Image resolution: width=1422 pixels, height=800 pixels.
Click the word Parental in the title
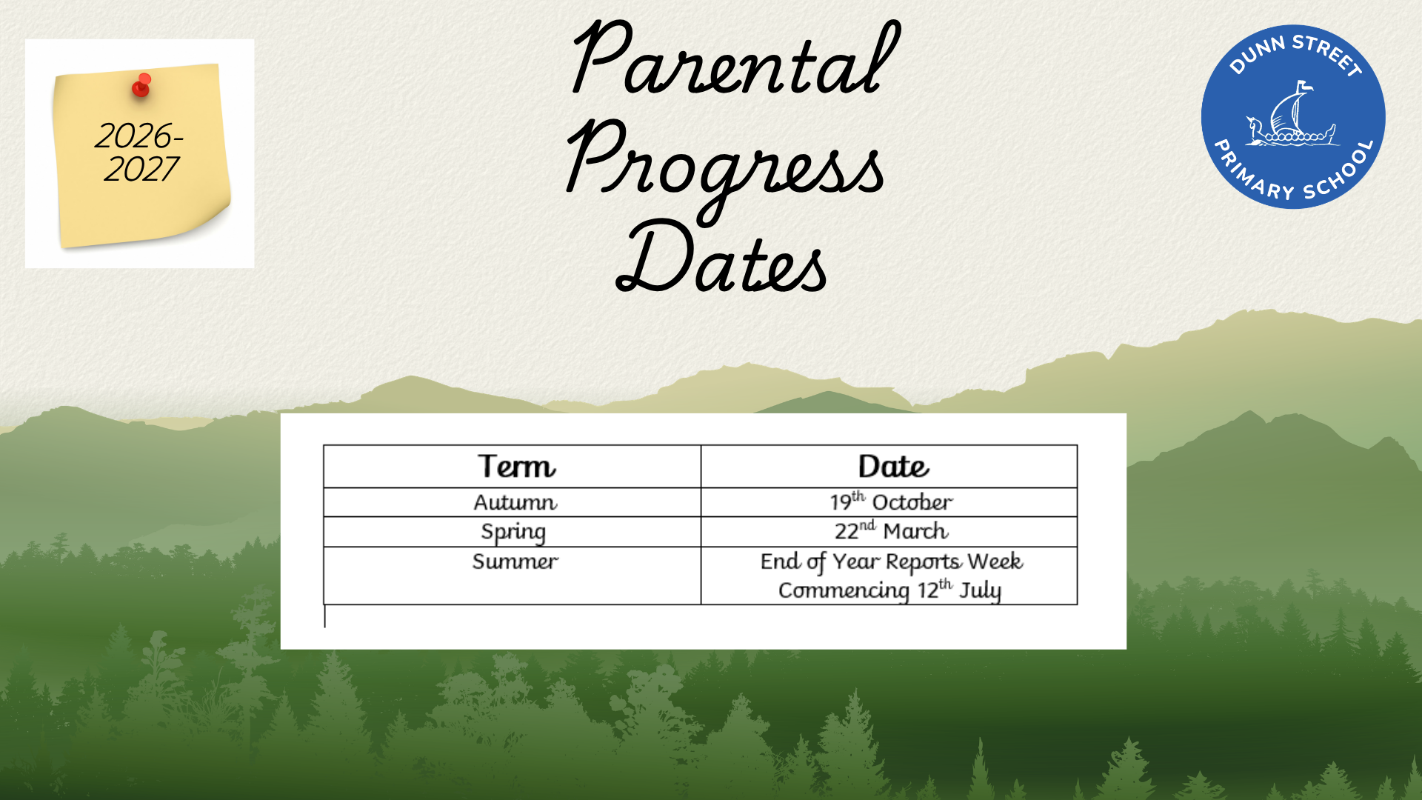pos(735,59)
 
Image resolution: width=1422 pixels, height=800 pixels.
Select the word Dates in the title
pos(721,256)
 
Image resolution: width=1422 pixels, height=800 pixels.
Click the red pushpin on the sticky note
pos(141,85)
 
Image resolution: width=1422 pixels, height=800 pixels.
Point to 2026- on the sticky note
pos(139,136)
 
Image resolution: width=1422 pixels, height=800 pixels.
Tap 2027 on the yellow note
pos(141,170)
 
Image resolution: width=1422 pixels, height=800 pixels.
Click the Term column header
pos(516,467)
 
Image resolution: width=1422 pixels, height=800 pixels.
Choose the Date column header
pos(893,467)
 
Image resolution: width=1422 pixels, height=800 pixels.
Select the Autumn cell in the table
pos(515,502)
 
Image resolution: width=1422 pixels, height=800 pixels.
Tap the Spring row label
pos(513,532)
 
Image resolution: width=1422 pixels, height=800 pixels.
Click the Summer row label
pos(515,561)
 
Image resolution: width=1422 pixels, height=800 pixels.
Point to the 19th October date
pos(891,501)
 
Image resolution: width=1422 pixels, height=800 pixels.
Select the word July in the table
pos(980,590)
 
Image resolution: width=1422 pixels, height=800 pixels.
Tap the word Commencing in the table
pos(844,590)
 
